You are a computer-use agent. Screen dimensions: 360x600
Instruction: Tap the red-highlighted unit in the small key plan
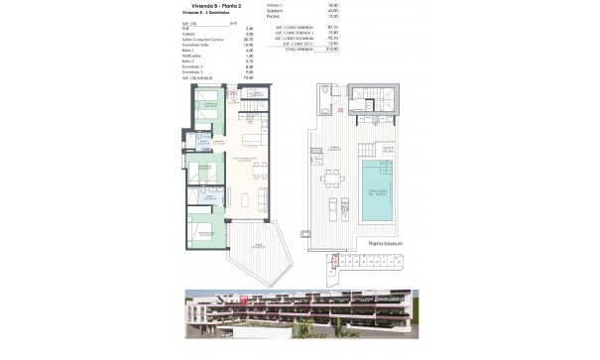point(334,262)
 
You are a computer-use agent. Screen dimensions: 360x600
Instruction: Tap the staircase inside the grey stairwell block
point(378,103)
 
